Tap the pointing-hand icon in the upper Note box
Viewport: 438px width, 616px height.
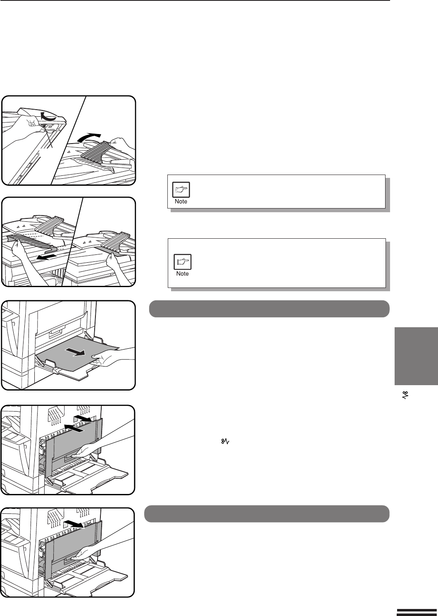coord(181,190)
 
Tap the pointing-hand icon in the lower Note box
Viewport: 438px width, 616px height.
coord(183,262)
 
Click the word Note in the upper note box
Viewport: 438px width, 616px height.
coord(181,201)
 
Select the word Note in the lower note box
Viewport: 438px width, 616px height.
coord(182,273)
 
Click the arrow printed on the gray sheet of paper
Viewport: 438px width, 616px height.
coord(75,352)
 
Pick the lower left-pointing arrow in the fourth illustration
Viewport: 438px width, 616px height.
coord(73,428)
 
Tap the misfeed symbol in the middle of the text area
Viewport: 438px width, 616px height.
coord(225,441)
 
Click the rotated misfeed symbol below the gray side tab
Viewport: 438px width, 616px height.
coord(405,395)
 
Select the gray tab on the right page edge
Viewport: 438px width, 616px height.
coord(416,356)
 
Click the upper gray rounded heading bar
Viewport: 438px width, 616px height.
coord(269,309)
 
